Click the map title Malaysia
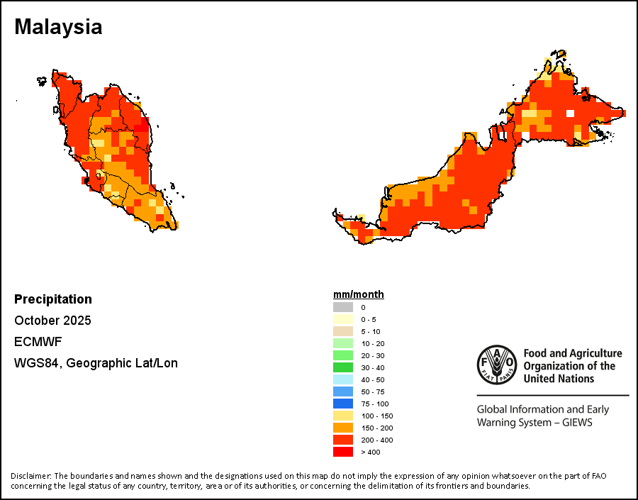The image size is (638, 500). [x=58, y=27]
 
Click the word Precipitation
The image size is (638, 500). [x=53, y=299]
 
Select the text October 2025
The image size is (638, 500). [x=52, y=321]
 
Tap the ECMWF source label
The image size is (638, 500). [x=37, y=342]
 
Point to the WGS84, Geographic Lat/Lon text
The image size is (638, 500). [x=96, y=363]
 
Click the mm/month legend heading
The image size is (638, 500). [x=359, y=294]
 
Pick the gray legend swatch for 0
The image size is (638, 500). [x=343, y=307]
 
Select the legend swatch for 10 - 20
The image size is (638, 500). [x=343, y=343]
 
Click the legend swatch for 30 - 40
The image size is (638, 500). [x=343, y=367]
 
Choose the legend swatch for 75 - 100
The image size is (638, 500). [x=343, y=404]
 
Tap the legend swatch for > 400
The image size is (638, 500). [x=343, y=452]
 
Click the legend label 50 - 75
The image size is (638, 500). [x=371, y=391]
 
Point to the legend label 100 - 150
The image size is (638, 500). [x=376, y=416]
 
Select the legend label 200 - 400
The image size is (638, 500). [x=376, y=440]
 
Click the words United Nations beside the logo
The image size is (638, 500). [x=559, y=379]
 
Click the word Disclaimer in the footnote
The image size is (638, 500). [x=30, y=475]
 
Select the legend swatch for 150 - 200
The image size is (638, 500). [x=343, y=428]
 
